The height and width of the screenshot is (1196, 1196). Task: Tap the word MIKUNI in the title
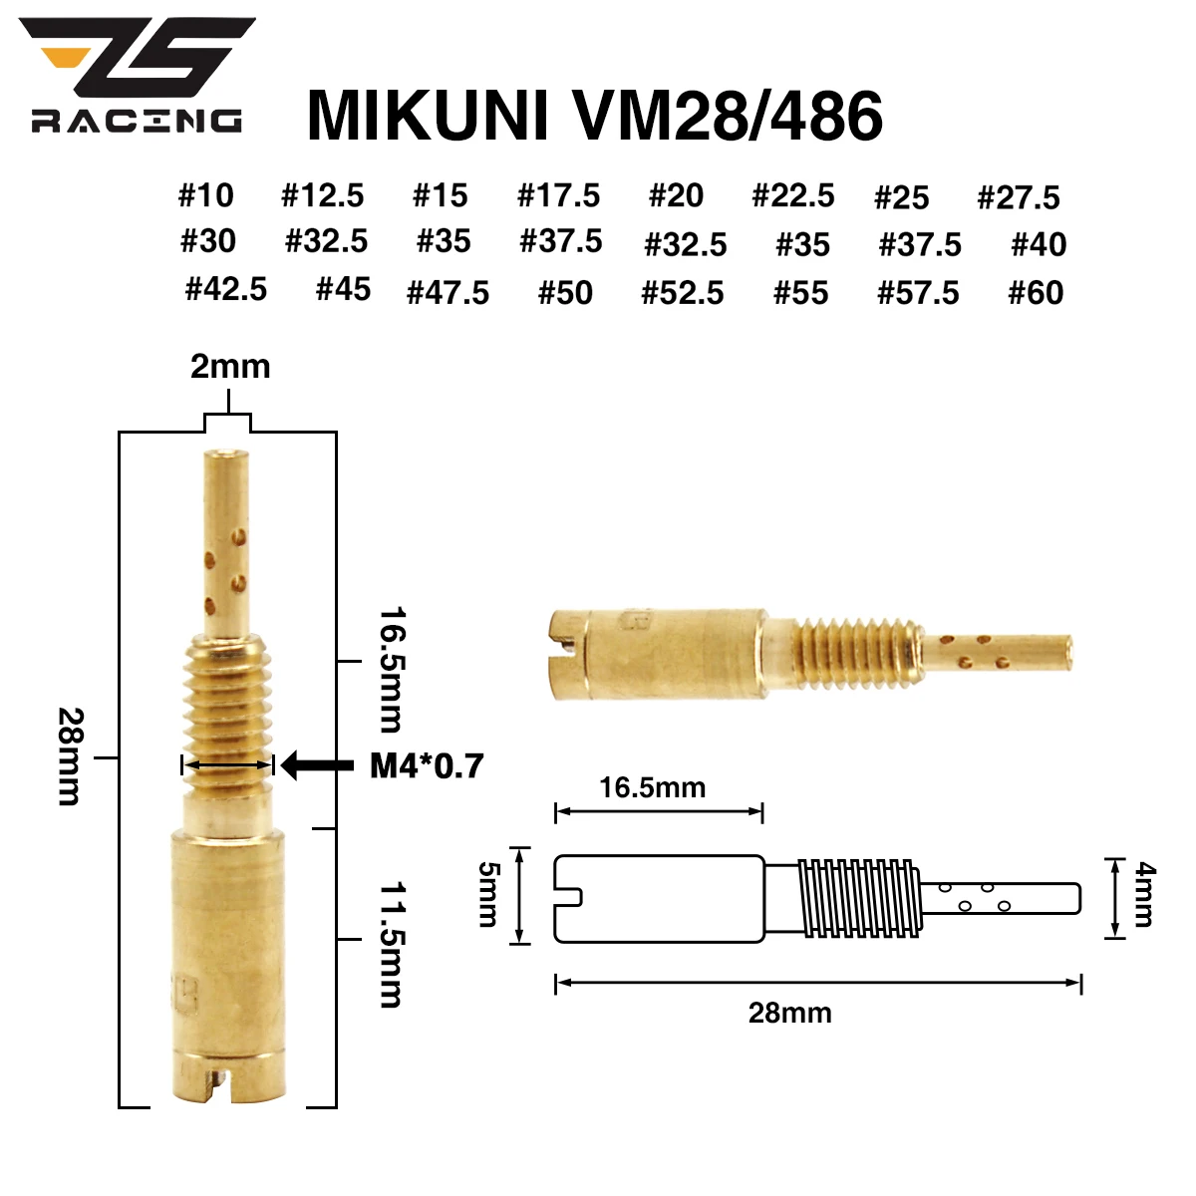pyautogui.click(x=429, y=116)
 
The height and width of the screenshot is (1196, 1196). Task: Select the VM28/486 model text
pyautogui.click(x=727, y=116)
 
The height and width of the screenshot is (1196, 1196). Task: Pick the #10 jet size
pyautogui.click(x=206, y=195)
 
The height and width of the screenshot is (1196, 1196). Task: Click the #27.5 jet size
pyautogui.click(x=1019, y=197)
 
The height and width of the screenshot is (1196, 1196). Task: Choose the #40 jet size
pyautogui.click(x=1039, y=245)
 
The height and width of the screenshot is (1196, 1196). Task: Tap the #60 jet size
pyautogui.click(x=1036, y=293)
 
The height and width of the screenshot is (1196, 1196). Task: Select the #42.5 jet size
pyautogui.click(x=226, y=289)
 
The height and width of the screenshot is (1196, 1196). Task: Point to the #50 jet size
pyautogui.click(x=565, y=293)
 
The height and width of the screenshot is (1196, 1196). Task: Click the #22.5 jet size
pyautogui.click(x=793, y=195)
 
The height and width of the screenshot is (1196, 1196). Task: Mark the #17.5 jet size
pyautogui.click(x=559, y=195)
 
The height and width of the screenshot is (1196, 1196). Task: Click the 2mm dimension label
pyautogui.click(x=230, y=367)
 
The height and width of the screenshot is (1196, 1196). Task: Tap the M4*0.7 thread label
pyautogui.click(x=427, y=765)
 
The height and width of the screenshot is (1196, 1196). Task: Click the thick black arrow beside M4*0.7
pyautogui.click(x=317, y=765)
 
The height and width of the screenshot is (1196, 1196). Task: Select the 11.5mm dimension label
pyautogui.click(x=392, y=943)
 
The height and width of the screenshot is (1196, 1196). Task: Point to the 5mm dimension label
pyautogui.click(x=487, y=894)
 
